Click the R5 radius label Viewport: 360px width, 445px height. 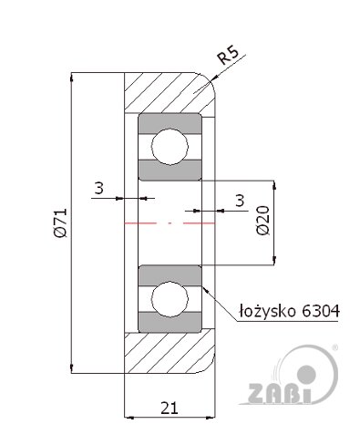click(229, 54)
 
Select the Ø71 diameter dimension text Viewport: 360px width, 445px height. click(59, 222)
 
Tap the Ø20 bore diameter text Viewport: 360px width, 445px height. click(263, 220)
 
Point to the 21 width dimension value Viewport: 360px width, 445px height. click(170, 408)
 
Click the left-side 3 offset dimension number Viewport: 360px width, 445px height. click(98, 188)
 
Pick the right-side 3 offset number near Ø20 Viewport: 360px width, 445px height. click(240, 201)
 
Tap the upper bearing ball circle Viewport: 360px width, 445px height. click(170, 146)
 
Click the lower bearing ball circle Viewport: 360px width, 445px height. click(170, 299)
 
